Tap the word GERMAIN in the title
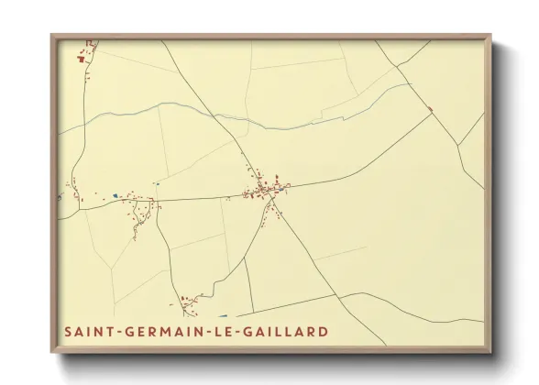point(159,330)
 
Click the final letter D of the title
point(323,330)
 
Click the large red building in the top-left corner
point(81,59)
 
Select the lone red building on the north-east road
point(430,110)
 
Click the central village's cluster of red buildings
point(264,190)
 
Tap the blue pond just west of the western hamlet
point(115,194)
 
